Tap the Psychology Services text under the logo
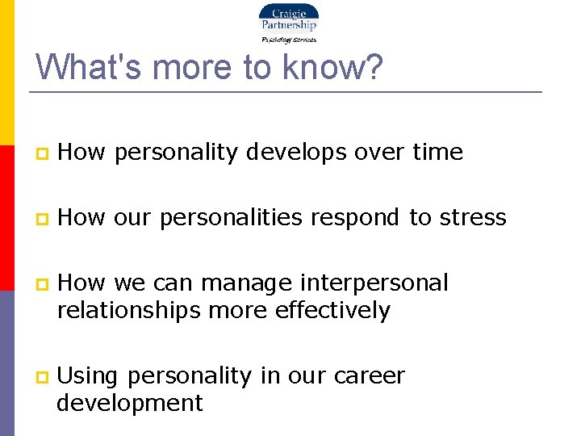coord(288,39)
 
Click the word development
coord(130,402)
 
